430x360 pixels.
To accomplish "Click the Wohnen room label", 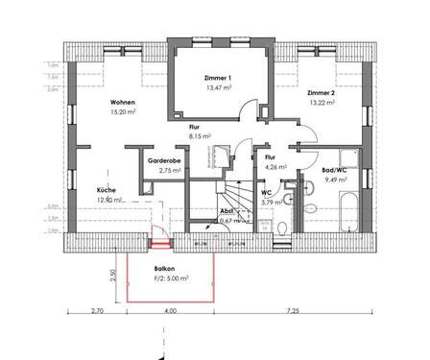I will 122,103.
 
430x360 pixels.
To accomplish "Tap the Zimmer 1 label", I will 219,76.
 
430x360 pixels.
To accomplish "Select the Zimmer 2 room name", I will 322,93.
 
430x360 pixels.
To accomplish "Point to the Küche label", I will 106,190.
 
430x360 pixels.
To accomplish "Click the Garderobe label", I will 163,159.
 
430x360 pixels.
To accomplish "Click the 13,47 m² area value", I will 219,86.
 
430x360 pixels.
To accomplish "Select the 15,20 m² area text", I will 122,112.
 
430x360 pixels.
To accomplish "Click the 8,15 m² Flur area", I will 199,137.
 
